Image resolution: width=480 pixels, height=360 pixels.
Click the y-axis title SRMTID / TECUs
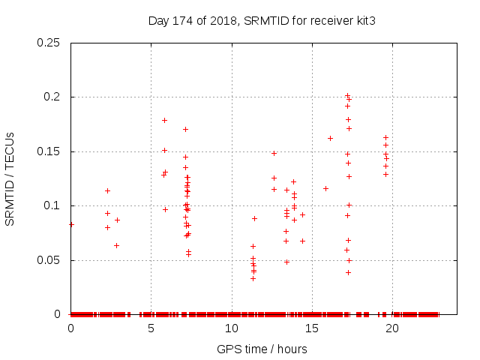pyautogui.click(x=10, y=179)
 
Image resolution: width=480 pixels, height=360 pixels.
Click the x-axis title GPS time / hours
pyautogui.click(x=262, y=349)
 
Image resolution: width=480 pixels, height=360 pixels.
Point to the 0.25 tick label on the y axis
pyautogui.click(x=49, y=43)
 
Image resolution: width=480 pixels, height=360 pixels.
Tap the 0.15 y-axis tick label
pyautogui.click(x=49, y=151)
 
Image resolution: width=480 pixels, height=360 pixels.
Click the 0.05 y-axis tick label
pyautogui.click(x=49, y=260)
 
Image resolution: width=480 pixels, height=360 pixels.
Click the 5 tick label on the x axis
pyautogui.click(x=151, y=328)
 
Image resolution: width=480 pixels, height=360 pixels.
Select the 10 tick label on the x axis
pyautogui.click(x=231, y=328)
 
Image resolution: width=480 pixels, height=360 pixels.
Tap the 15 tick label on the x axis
pyautogui.click(x=311, y=328)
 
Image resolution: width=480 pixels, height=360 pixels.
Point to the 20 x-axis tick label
pyautogui.click(x=391, y=328)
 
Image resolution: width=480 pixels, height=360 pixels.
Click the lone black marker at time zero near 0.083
pyautogui.click(x=71, y=224)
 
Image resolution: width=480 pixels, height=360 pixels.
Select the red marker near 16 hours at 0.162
pyautogui.click(x=330, y=138)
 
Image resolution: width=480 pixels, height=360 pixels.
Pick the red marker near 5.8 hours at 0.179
pyautogui.click(x=164, y=120)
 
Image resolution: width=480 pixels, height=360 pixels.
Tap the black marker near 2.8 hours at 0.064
pyautogui.click(x=116, y=245)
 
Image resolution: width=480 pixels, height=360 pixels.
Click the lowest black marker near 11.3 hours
pyautogui.click(x=253, y=278)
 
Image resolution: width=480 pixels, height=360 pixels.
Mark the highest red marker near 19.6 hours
pyautogui.click(x=385, y=137)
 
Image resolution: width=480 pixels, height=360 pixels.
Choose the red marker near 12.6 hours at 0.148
pyautogui.click(x=274, y=153)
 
